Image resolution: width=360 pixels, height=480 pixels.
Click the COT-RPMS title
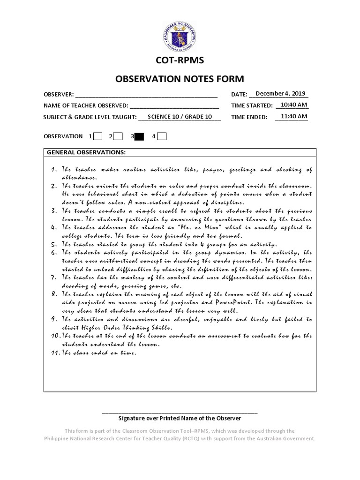[x=180, y=60]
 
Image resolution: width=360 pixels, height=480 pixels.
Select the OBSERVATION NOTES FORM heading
[x=180, y=79]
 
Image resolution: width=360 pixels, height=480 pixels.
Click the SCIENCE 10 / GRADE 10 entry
[x=180, y=117]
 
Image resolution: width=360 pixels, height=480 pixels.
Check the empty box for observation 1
[x=98, y=136]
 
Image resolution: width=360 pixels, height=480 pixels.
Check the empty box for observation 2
[x=118, y=136]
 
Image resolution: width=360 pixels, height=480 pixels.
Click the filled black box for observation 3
[x=140, y=136]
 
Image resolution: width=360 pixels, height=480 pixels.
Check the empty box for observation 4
[x=161, y=136]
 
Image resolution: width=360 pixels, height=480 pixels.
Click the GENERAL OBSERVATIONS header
[x=85, y=153]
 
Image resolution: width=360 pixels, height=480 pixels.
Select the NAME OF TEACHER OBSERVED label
[x=86, y=106]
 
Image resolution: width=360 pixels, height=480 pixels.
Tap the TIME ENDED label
[x=249, y=118]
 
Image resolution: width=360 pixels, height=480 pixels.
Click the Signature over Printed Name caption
[x=180, y=418]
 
